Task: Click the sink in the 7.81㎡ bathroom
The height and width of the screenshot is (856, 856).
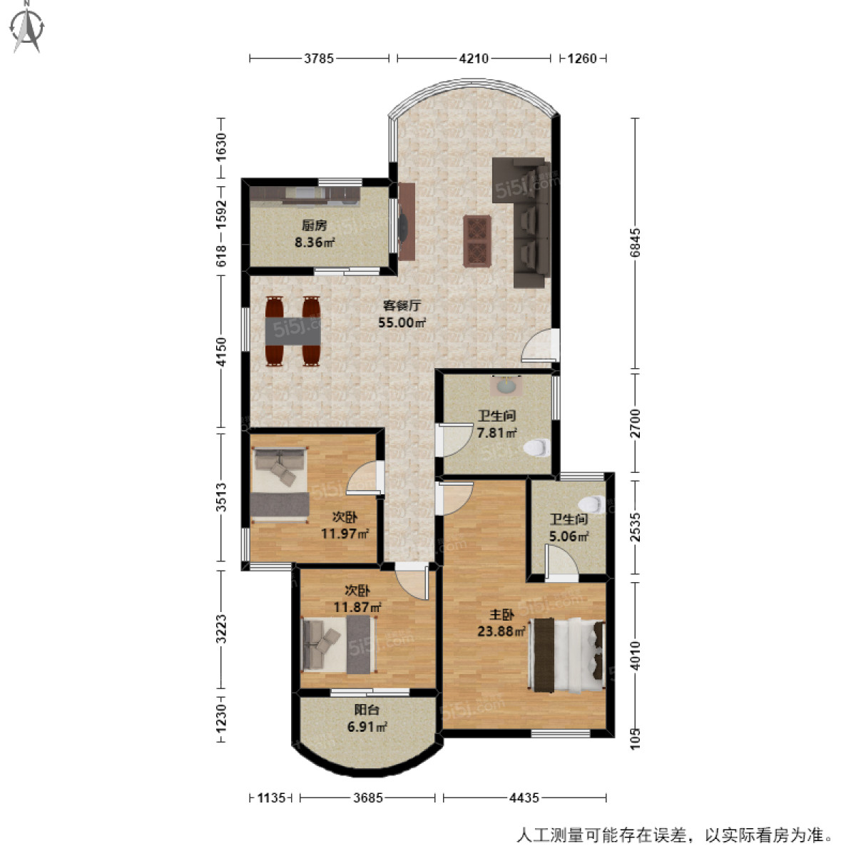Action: [506, 387]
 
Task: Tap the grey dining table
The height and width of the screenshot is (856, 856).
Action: [292, 331]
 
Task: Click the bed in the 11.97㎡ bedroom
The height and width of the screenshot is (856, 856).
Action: [280, 485]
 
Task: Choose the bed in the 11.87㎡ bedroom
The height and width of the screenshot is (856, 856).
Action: [338, 645]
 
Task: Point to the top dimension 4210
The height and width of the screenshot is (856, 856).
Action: [474, 59]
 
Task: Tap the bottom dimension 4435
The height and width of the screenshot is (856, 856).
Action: [524, 798]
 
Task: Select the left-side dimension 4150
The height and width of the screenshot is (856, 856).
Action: [222, 352]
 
